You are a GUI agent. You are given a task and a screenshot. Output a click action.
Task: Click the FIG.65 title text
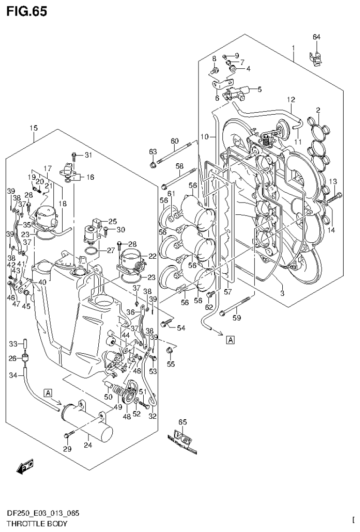27,11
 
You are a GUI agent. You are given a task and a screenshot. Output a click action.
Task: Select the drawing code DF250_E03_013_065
40,514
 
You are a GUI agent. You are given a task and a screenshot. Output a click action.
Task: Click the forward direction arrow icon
24,466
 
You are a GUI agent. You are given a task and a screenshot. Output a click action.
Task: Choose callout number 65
182,422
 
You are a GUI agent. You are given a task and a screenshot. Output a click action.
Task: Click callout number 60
175,141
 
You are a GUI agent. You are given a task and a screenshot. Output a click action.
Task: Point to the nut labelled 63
153,165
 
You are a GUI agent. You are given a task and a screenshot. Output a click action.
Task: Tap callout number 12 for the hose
291,99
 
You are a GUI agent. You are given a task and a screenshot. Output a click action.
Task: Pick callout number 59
237,319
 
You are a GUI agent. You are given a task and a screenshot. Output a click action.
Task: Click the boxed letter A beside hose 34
49,392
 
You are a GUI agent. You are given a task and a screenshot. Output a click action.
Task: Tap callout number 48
126,416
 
